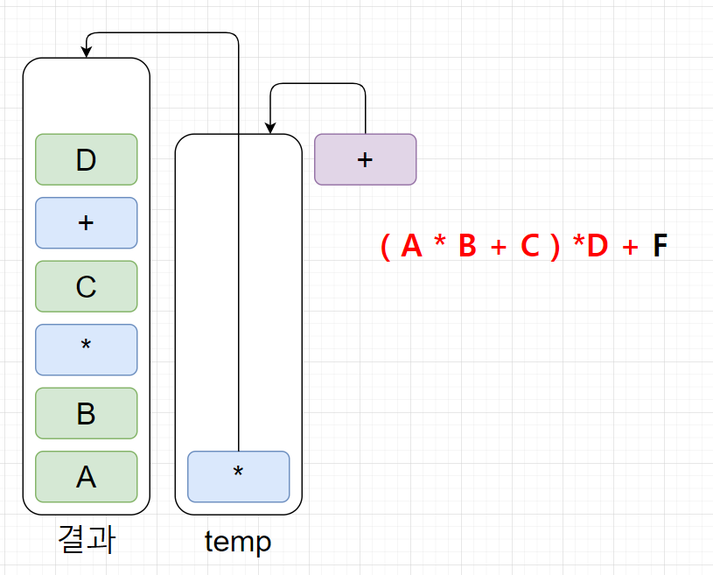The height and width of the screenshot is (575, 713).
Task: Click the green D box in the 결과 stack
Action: pos(86,159)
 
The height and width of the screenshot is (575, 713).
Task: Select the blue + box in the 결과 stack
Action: pos(86,223)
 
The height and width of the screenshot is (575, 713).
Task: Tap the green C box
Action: pos(86,286)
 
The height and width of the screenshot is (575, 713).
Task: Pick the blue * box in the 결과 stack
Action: pos(86,350)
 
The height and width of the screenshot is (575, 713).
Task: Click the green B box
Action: pos(86,413)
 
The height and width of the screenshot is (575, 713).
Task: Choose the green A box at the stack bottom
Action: pos(86,477)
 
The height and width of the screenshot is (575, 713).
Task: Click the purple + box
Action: pos(365,159)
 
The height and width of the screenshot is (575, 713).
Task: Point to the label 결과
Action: pos(86,541)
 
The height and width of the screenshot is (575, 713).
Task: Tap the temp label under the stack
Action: pos(238,542)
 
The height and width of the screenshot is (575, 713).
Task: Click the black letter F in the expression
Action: pos(660,247)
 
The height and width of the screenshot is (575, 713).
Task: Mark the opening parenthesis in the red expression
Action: pos(385,247)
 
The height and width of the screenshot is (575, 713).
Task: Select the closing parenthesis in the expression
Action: pos(555,247)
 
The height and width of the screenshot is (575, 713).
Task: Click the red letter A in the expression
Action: pos(411,247)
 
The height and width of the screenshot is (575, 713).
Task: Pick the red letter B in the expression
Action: pos(467,247)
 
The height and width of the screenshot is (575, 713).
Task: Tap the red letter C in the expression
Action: pos(530,247)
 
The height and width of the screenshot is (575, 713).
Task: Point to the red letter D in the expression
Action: pos(597,247)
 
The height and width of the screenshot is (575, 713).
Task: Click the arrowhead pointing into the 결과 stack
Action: pos(87,53)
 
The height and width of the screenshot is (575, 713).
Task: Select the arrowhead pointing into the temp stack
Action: pos(270,128)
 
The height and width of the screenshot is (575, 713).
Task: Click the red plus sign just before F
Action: pos(630,248)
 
